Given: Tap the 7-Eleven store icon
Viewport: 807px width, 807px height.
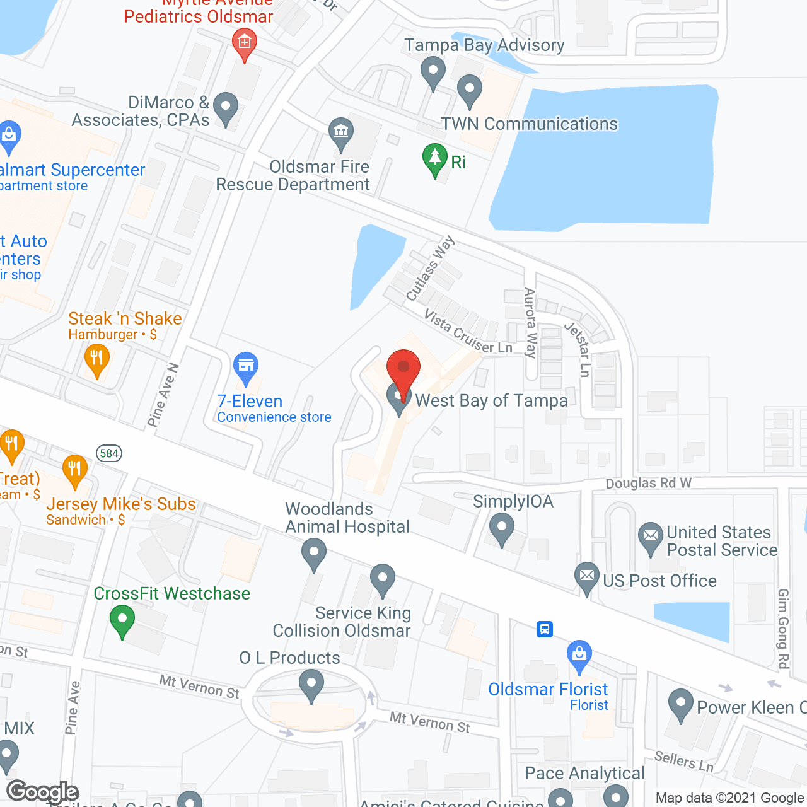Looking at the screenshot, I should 246,367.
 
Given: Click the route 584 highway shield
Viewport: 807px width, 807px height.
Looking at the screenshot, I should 109,453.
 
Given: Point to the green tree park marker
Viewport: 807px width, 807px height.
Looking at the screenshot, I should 434,159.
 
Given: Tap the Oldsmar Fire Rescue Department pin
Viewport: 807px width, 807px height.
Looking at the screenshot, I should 341,133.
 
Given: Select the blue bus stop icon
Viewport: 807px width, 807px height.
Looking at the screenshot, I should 545,629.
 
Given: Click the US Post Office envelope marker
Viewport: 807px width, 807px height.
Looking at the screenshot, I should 587,577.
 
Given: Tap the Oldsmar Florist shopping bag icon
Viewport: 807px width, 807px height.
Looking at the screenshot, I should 579,656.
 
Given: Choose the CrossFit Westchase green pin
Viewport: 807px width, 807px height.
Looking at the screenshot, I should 122,620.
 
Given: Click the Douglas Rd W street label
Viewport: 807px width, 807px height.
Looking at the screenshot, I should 648,483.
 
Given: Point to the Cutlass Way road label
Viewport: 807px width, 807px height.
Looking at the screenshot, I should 430,268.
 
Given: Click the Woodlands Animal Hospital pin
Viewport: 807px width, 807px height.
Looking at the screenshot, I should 314,555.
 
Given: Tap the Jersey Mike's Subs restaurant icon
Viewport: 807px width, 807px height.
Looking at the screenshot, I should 75,470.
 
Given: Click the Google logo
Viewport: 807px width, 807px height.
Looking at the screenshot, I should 43,792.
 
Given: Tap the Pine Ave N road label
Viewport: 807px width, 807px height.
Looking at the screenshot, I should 163,395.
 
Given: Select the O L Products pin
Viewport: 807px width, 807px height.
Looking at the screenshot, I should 311,685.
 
